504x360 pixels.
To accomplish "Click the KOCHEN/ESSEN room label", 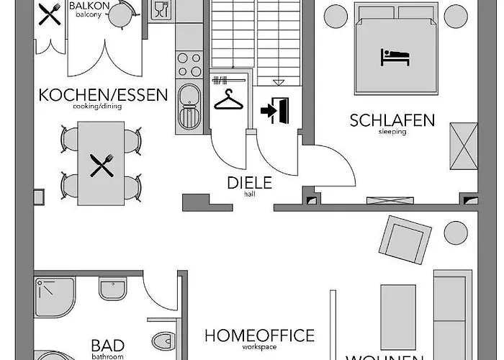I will pyautogui.click(x=103, y=94).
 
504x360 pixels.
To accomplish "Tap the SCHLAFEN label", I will pyautogui.click(x=392, y=120).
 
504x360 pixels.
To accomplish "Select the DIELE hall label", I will pyautogui.click(x=250, y=183).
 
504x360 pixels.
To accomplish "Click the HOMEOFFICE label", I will pyautogui.click(x=259, y=336).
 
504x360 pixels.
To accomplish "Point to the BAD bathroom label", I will pyautogui.click(x=107, y=346).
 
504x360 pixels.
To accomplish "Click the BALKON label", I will pyautogui.click(x=89, y=7).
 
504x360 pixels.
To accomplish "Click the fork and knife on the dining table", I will pyautogui.click(x=102, y=166).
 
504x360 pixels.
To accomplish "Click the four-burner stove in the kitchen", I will pyautogui.click(x=189, y=64).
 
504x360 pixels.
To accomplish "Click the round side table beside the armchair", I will pyautogui.click(x=455, y=233).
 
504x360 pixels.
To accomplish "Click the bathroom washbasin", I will pyautogui.click(x=112, y=289).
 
